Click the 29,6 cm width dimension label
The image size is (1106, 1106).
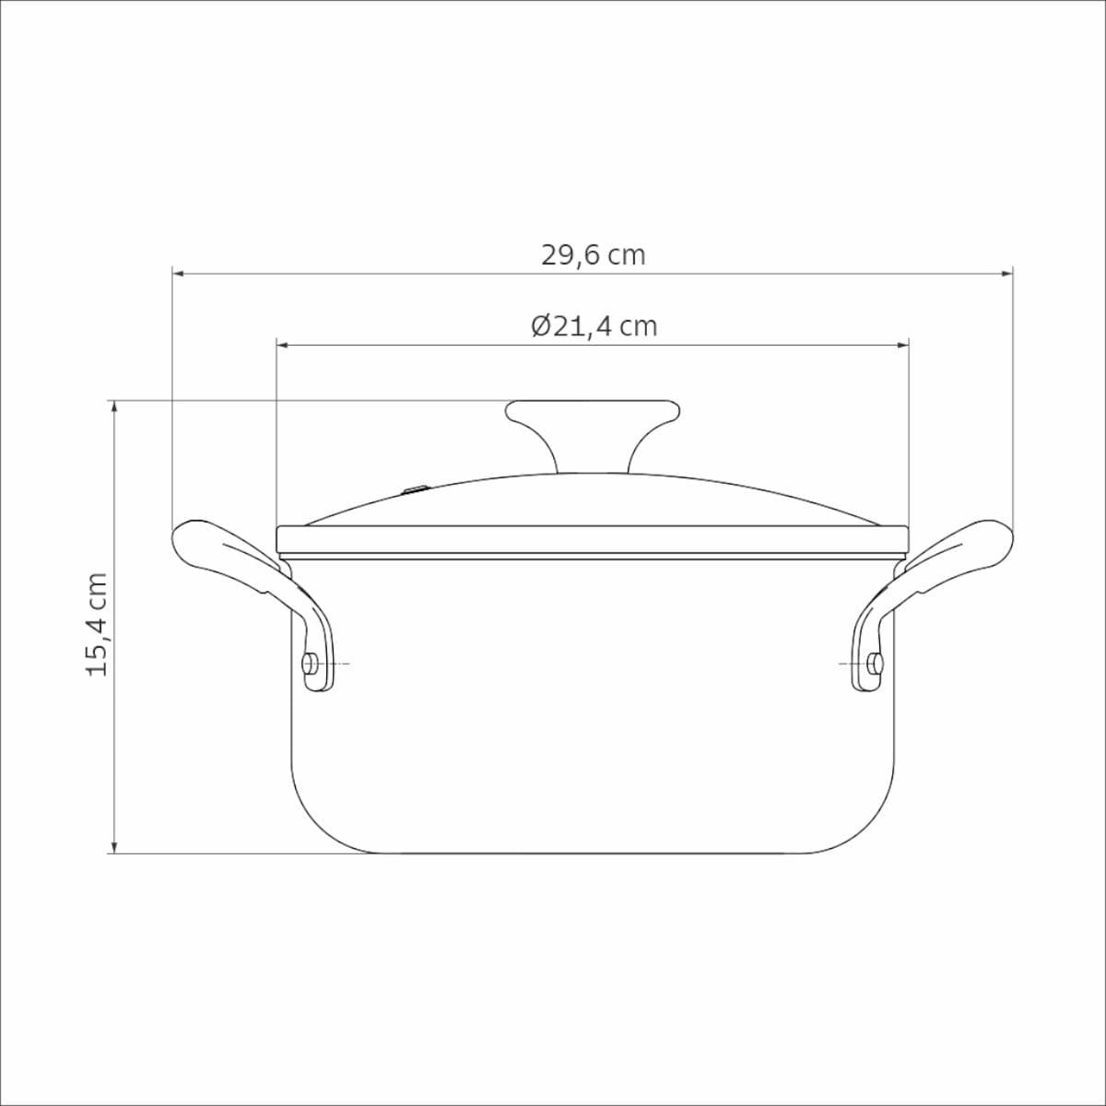(x=593, y=255)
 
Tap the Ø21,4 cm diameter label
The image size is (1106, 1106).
(x=594, y=326)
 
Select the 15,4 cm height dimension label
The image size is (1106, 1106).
(x=97, y=625)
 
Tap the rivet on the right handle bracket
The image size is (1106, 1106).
(x=876, y=664)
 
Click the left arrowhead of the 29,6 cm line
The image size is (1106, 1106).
(x=178, y=274)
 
